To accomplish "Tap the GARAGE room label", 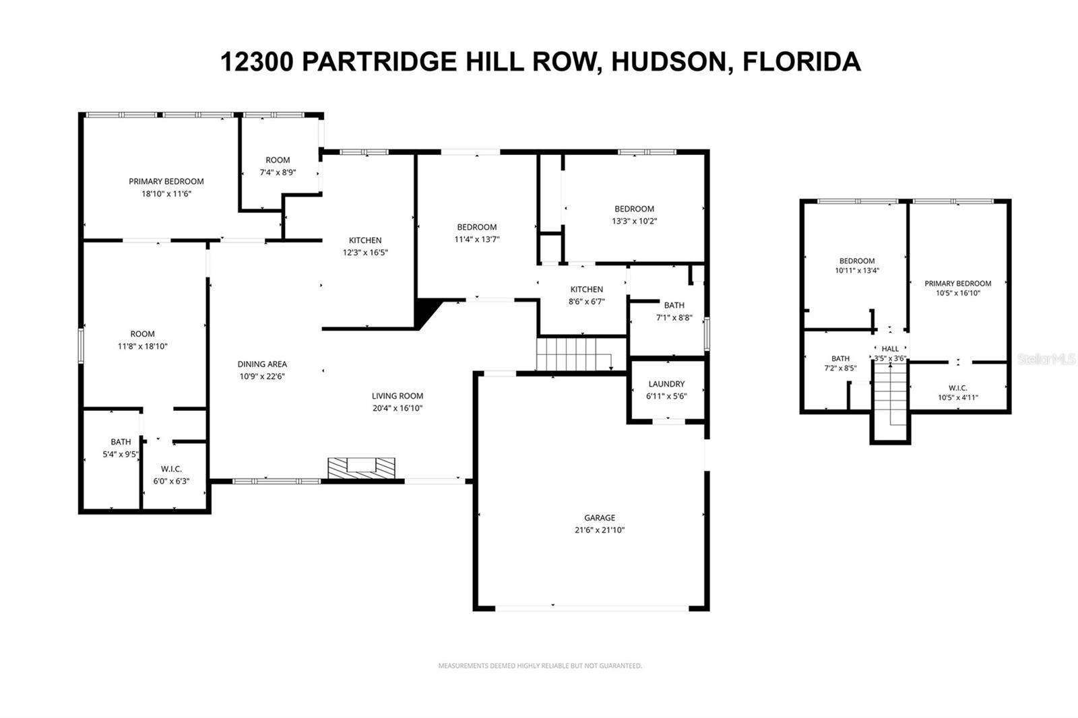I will (x=599, y=517).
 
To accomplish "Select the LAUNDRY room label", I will (x=666, y=384).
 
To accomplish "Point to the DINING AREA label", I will (x=262, y=364).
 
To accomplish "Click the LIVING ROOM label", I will (x=398, y=396).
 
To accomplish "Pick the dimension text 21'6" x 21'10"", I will (x=599, y=530).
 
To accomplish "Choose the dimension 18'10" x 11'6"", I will (x=166, y=194).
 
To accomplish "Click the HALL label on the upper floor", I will (x=890, y=349).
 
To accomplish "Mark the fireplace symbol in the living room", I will (x=361, y=467).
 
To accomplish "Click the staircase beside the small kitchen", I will (x=573, y=354).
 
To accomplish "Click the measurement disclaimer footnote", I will (x=540, y=665).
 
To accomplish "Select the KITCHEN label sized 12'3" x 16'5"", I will (x=365, y=240).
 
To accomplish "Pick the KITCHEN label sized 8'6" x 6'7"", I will (x=586, y=289).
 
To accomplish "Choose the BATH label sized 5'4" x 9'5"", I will (x=121, y=442).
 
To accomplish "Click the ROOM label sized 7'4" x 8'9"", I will (x=278, y=160).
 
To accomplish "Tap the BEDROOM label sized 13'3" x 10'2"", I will (x=634, y=209).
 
